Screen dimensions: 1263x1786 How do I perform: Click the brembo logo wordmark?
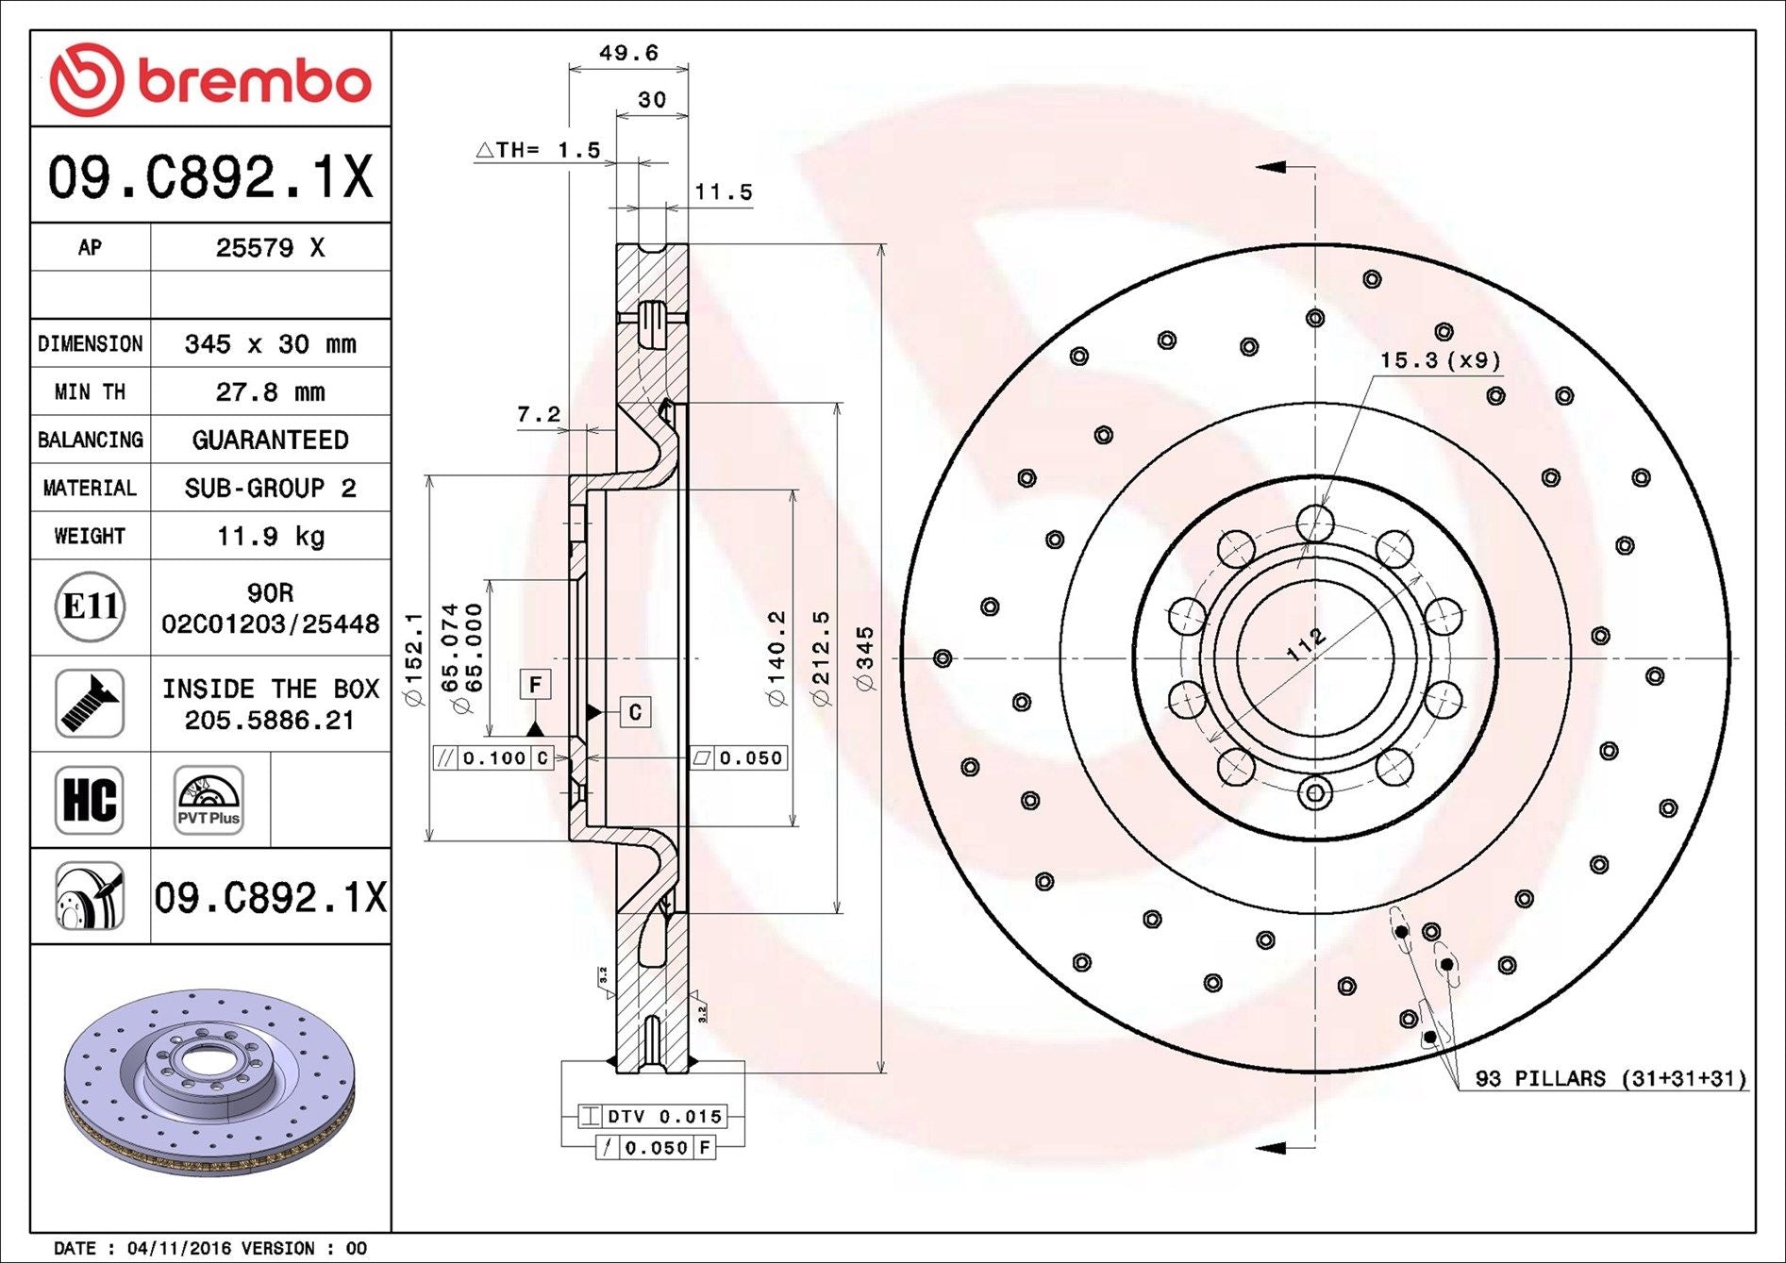click(x=253, y=81)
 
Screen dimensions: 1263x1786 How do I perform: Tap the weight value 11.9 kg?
click(x=271, y=536)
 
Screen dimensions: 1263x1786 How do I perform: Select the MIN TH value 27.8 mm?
click(x=271, y=391)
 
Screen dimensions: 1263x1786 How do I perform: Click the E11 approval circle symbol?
click(x=90, y=607)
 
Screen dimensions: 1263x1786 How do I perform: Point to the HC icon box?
click(x=90, y=800)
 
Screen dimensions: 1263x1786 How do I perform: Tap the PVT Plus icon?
click(x=209, y=800)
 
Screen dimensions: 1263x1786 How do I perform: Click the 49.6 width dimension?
click(x=628, y=53)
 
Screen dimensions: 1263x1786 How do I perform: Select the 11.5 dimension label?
click(x=724, y=192)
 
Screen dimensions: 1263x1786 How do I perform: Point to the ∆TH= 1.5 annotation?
click(x=539, y=150)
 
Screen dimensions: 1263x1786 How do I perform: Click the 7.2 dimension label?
click(x=539, y=414)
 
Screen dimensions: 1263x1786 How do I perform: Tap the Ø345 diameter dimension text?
click(x=865, y=658)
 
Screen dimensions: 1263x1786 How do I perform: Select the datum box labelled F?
click(x=535, y=684)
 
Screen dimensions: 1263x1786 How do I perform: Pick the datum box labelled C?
click(x=635, y=712)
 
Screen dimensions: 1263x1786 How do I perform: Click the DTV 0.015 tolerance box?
click(x=653, y=1117)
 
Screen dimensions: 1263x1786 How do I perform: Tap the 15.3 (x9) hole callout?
click(x=1440, y=360)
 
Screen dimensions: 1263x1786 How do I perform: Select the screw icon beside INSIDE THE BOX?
click(x=90, y=704)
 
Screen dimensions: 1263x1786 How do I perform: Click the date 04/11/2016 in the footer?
click(x=179, y=1248)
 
